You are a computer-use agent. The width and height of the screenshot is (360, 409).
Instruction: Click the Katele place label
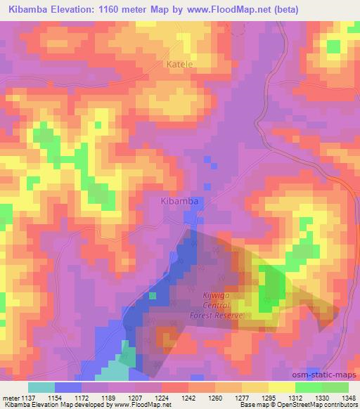point(180,64)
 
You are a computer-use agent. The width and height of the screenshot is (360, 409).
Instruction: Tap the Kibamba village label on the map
point(175,201)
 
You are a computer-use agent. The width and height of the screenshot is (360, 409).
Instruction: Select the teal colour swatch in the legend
point(41,387)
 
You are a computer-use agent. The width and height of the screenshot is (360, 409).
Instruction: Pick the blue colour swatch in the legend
point(68,387)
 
